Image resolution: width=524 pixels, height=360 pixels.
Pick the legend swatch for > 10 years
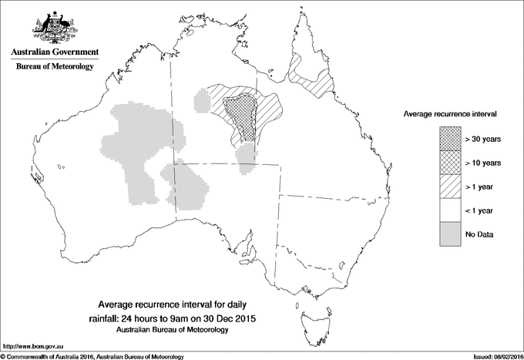tap(450, 162)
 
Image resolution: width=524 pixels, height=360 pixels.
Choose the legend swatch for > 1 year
tap(450, 186)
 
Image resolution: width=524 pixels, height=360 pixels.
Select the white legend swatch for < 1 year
tap(450, 210)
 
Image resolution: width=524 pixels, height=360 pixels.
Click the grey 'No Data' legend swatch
tap(450, 234)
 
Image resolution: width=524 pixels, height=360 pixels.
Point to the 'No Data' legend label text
tap(479, 234)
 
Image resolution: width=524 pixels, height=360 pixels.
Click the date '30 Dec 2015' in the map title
tap(233, 318)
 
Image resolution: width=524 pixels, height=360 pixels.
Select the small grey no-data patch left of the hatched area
tap(203, 100)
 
